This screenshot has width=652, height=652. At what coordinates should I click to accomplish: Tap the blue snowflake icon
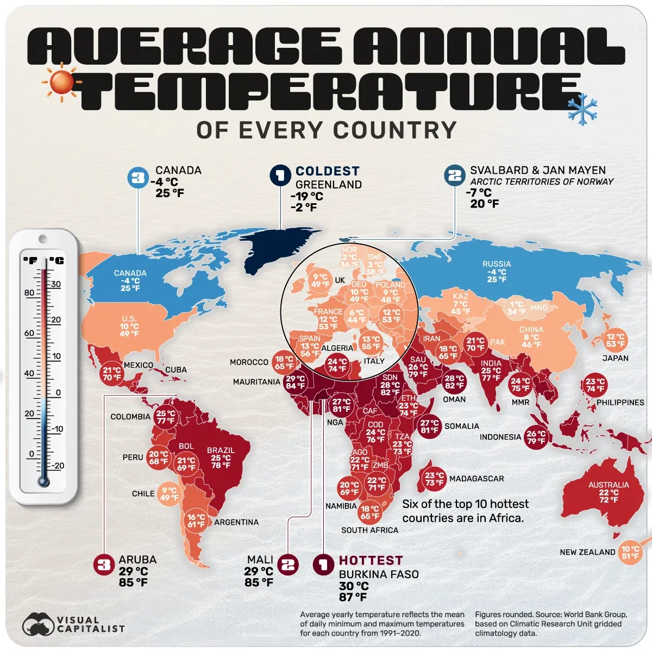tap(582, 108)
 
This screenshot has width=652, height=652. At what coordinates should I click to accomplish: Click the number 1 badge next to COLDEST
tap(280, 175)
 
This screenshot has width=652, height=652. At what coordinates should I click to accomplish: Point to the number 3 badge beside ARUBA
tap(103, 565)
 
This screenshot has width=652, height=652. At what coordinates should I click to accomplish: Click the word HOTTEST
tap(371, 561)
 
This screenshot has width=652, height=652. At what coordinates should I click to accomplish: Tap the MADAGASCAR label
tap(477, 479)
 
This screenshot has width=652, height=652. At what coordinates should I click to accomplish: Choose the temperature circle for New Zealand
tap(630, 553)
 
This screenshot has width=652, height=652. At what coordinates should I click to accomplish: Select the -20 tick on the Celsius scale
tap(58, 466)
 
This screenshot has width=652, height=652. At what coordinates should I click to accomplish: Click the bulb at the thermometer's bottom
tap(43, 481)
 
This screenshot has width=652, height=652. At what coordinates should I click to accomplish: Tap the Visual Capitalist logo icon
tap(38, 624)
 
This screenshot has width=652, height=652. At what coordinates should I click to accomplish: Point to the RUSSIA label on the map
tap(497, 264)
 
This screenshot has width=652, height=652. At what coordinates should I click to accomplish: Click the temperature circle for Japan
tap(616, 341)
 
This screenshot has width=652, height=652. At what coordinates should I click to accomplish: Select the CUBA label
tap(176, 369)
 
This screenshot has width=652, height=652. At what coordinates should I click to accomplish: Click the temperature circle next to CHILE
tap(169, 494)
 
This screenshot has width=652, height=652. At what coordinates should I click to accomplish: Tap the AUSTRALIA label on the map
tap(609, 485)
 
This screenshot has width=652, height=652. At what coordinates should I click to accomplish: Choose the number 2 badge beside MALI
tap(288, 565)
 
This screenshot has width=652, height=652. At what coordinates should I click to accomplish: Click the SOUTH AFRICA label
tap(369, 530)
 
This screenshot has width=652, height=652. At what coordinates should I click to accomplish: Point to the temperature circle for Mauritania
tap(296, 383)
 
